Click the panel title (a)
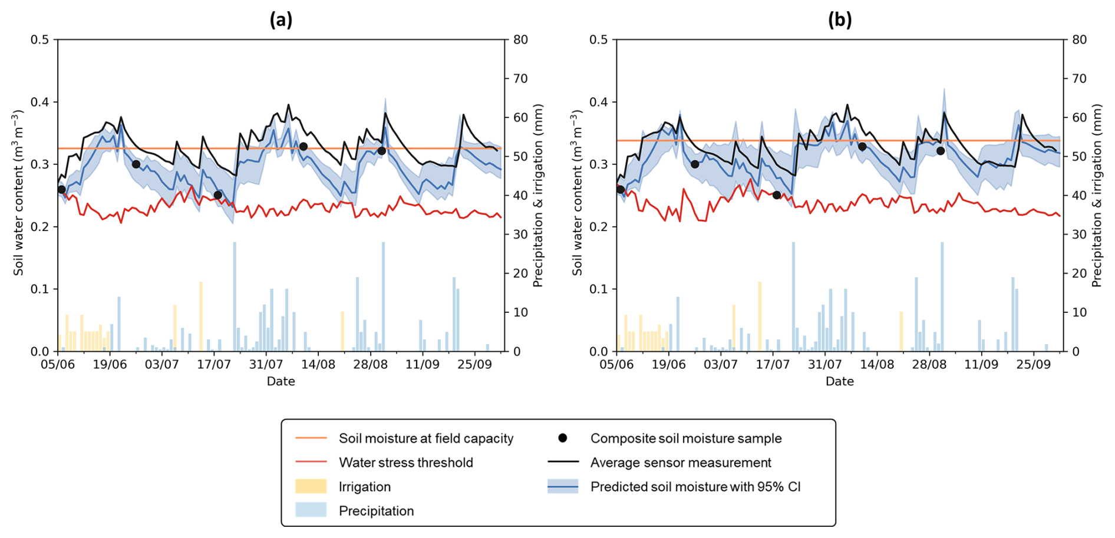tap(281, 20)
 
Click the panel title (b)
tap(840, 20)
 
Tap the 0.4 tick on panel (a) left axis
tap(41, 102)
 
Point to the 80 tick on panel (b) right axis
tap(1080, 39)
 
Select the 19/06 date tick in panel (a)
tap(110, 365)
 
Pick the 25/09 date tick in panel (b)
tap(1033, 365)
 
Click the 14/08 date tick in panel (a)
tap(318, 365)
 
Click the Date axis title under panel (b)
tap(840, 381)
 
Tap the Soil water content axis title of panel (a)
tap(19, 193)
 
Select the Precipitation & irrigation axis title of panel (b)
tap(1096, 196)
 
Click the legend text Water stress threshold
tap(405, 463)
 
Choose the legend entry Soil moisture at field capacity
tap(425, 438)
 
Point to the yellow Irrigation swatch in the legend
tap(311, 486)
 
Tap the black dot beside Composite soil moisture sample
tap(563, 438)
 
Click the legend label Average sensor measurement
tap(681, 463)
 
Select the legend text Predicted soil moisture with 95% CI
tap(695, 487)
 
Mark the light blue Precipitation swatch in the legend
tap(311, 510)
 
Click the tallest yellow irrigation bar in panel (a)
tap(201, 316)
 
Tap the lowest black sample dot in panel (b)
tap(777, 195)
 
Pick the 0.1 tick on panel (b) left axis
tap(600, 289)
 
